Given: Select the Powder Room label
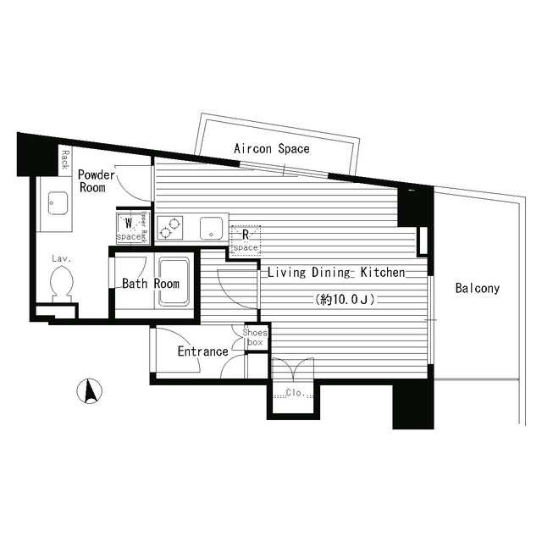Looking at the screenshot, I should point(92,181).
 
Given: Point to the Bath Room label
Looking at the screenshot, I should point(151,284).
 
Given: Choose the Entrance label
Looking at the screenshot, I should point(202,351).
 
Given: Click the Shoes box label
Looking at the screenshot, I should point(255,337).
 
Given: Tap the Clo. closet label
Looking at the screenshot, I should point(294,393).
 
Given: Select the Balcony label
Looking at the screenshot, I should point(477,288).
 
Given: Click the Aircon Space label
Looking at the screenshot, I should point(272,149).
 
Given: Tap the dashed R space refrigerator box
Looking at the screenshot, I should point(246,240).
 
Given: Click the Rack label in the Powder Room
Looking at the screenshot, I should point(64,158).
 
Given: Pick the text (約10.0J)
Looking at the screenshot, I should point(345,299).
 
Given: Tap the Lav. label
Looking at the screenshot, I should point(59,257).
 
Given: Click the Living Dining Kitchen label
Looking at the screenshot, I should point(336,273).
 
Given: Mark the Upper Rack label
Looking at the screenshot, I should point(144,227).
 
